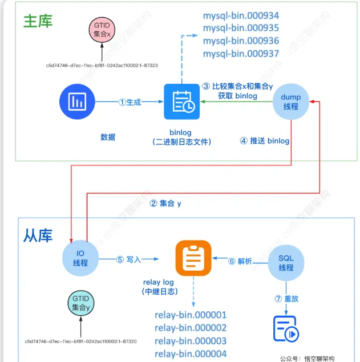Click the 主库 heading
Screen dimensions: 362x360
pos(38,21)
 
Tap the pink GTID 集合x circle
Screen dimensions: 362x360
pos(102,30)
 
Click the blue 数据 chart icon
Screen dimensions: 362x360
pos(76,102)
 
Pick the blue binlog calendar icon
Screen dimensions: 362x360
pos(181,102)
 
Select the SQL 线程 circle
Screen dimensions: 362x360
pos(286,262)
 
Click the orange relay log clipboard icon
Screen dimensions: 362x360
pos(193,258)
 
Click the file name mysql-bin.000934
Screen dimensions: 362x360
pos(241,15)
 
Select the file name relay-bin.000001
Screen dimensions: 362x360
pos(191,315)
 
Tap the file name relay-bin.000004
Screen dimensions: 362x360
pos(191,354)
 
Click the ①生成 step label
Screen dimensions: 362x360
pos(130,102)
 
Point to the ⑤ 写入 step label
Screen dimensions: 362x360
pos(128,258)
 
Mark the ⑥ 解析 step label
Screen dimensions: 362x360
pos(240,261)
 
